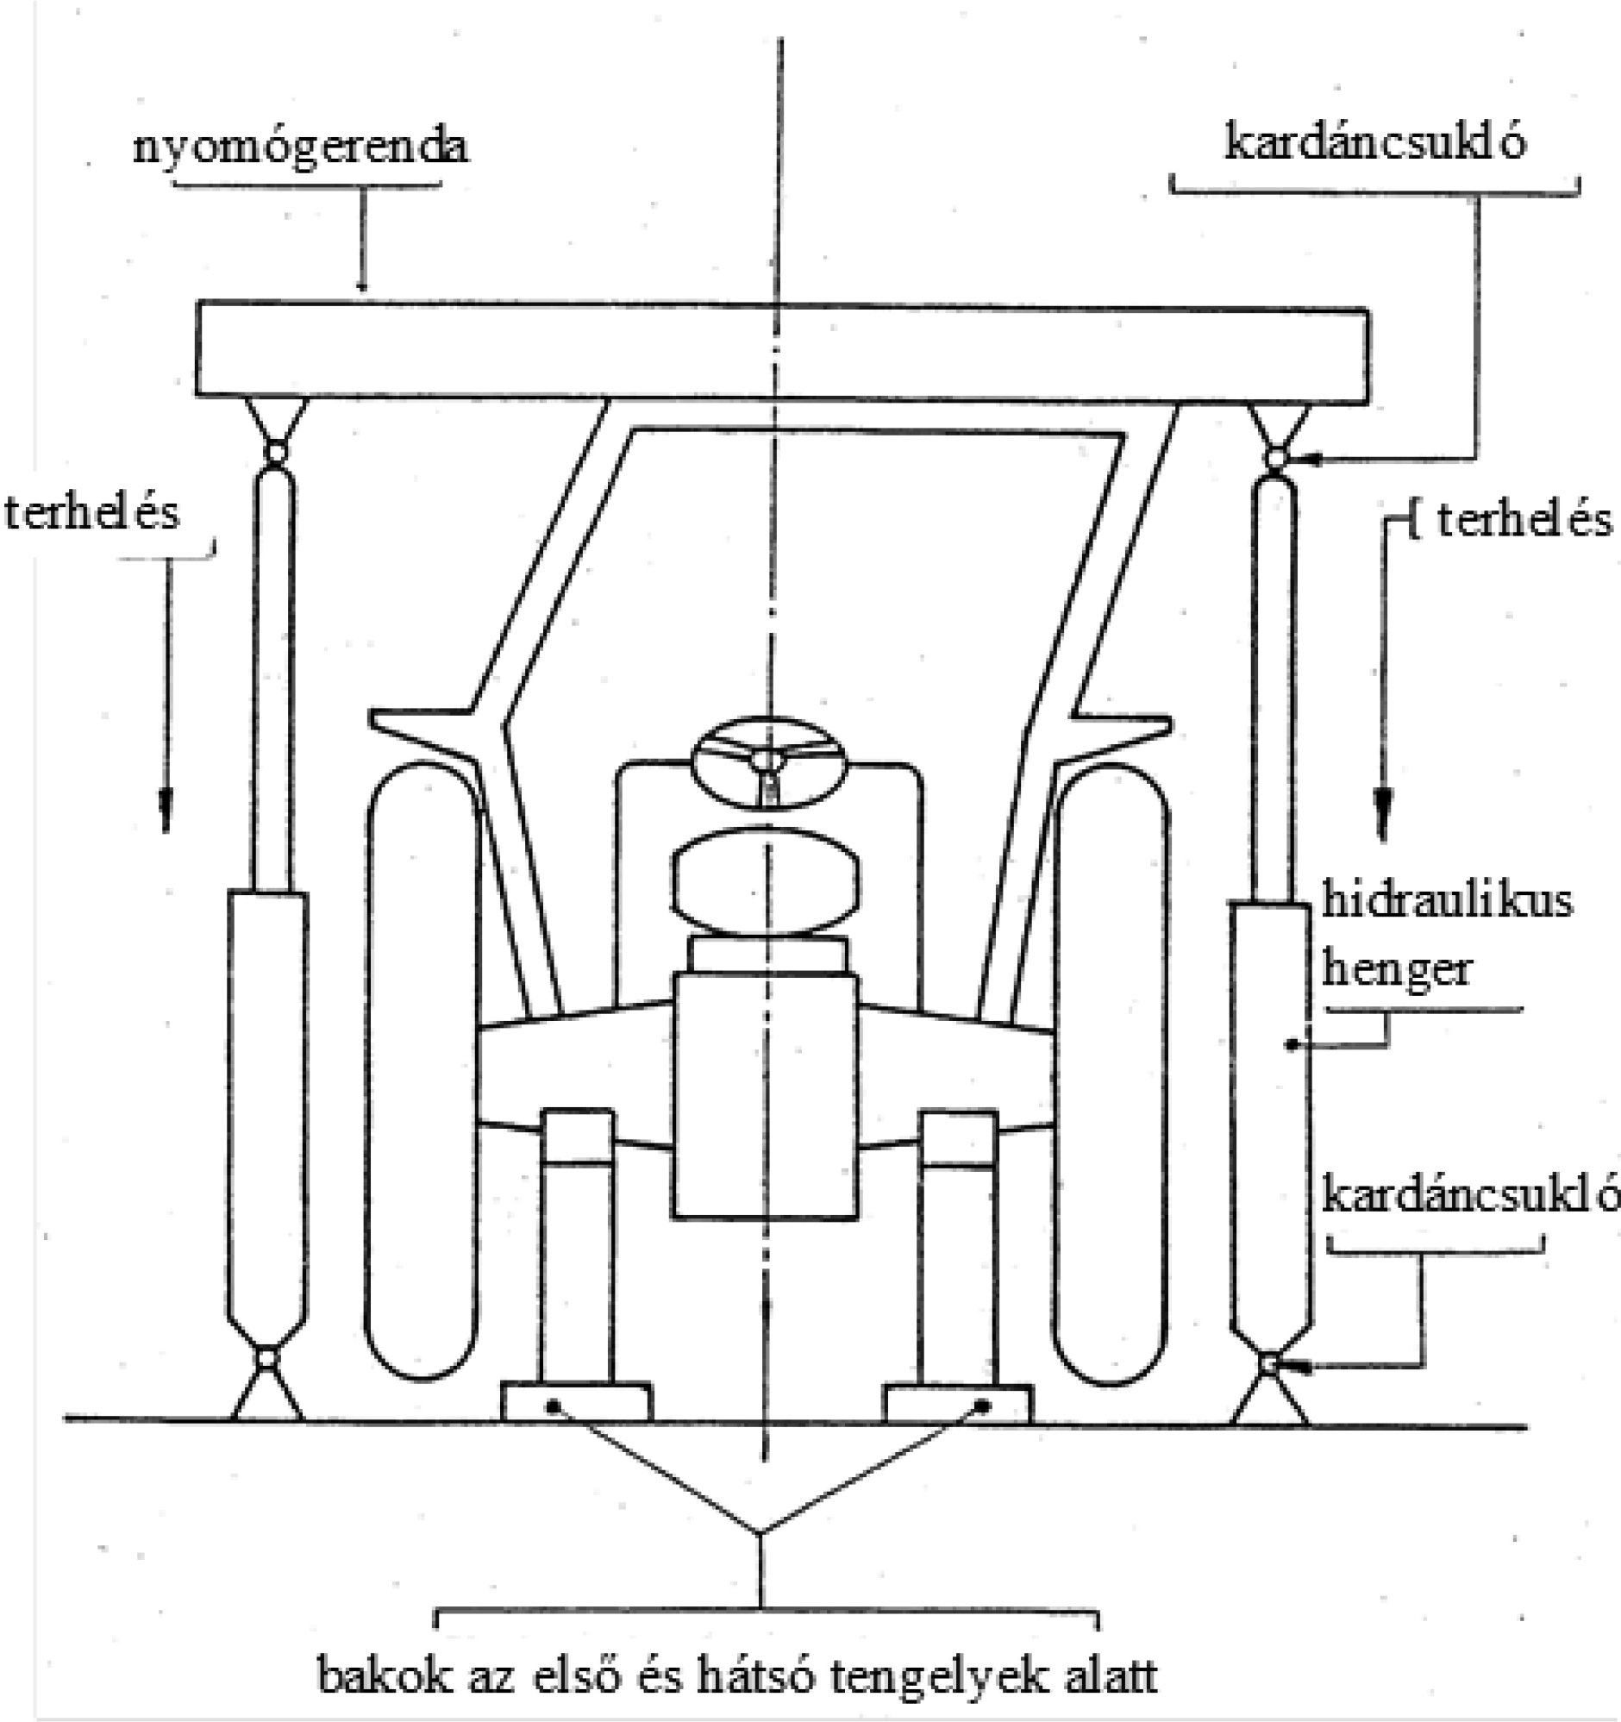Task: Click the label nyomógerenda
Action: pos(299,147)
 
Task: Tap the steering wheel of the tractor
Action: pos(766,762)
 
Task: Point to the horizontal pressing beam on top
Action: pos(779,352)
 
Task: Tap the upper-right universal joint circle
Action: pos(1274,457)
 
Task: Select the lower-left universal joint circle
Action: pos(266,1358)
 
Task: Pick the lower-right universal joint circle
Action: pos(1268,1364)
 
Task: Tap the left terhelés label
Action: pos(91,513)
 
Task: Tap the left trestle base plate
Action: pos(577,1403)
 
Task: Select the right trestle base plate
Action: pos(958,1403)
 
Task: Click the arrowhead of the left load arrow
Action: pos(166,810)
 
